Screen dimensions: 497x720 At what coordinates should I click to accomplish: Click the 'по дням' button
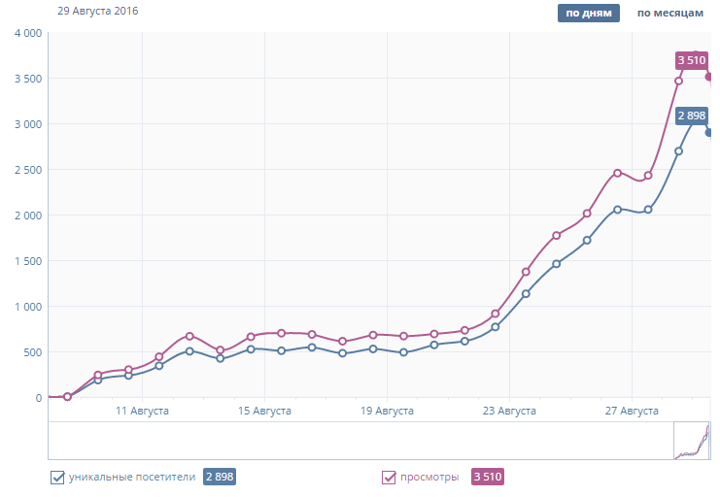point(588,14)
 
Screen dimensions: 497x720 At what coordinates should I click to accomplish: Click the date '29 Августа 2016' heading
point(97,11)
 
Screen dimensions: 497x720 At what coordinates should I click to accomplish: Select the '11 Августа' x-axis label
point(142,412)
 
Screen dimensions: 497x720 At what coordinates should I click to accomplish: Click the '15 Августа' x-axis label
point(264,412)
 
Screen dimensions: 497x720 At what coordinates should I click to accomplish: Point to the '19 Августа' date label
point(387,412)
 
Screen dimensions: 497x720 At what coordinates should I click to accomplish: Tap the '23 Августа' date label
point(509,412)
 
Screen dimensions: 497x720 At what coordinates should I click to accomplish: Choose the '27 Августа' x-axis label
point(632,412)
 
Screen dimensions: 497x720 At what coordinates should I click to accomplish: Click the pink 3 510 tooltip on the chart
point(692,60)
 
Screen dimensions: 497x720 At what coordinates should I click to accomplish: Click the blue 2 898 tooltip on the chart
point(692,116)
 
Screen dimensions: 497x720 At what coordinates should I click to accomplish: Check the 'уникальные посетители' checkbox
point(56,477)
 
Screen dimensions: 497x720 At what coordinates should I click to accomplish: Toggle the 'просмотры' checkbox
point(389,477)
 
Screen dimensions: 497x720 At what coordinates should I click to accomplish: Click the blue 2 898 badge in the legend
point(220,477)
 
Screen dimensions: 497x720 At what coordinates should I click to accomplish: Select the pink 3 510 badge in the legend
point(488,477)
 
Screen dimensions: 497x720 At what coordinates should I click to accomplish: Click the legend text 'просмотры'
point(430,477)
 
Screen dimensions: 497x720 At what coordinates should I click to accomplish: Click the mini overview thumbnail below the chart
point(692,440)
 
